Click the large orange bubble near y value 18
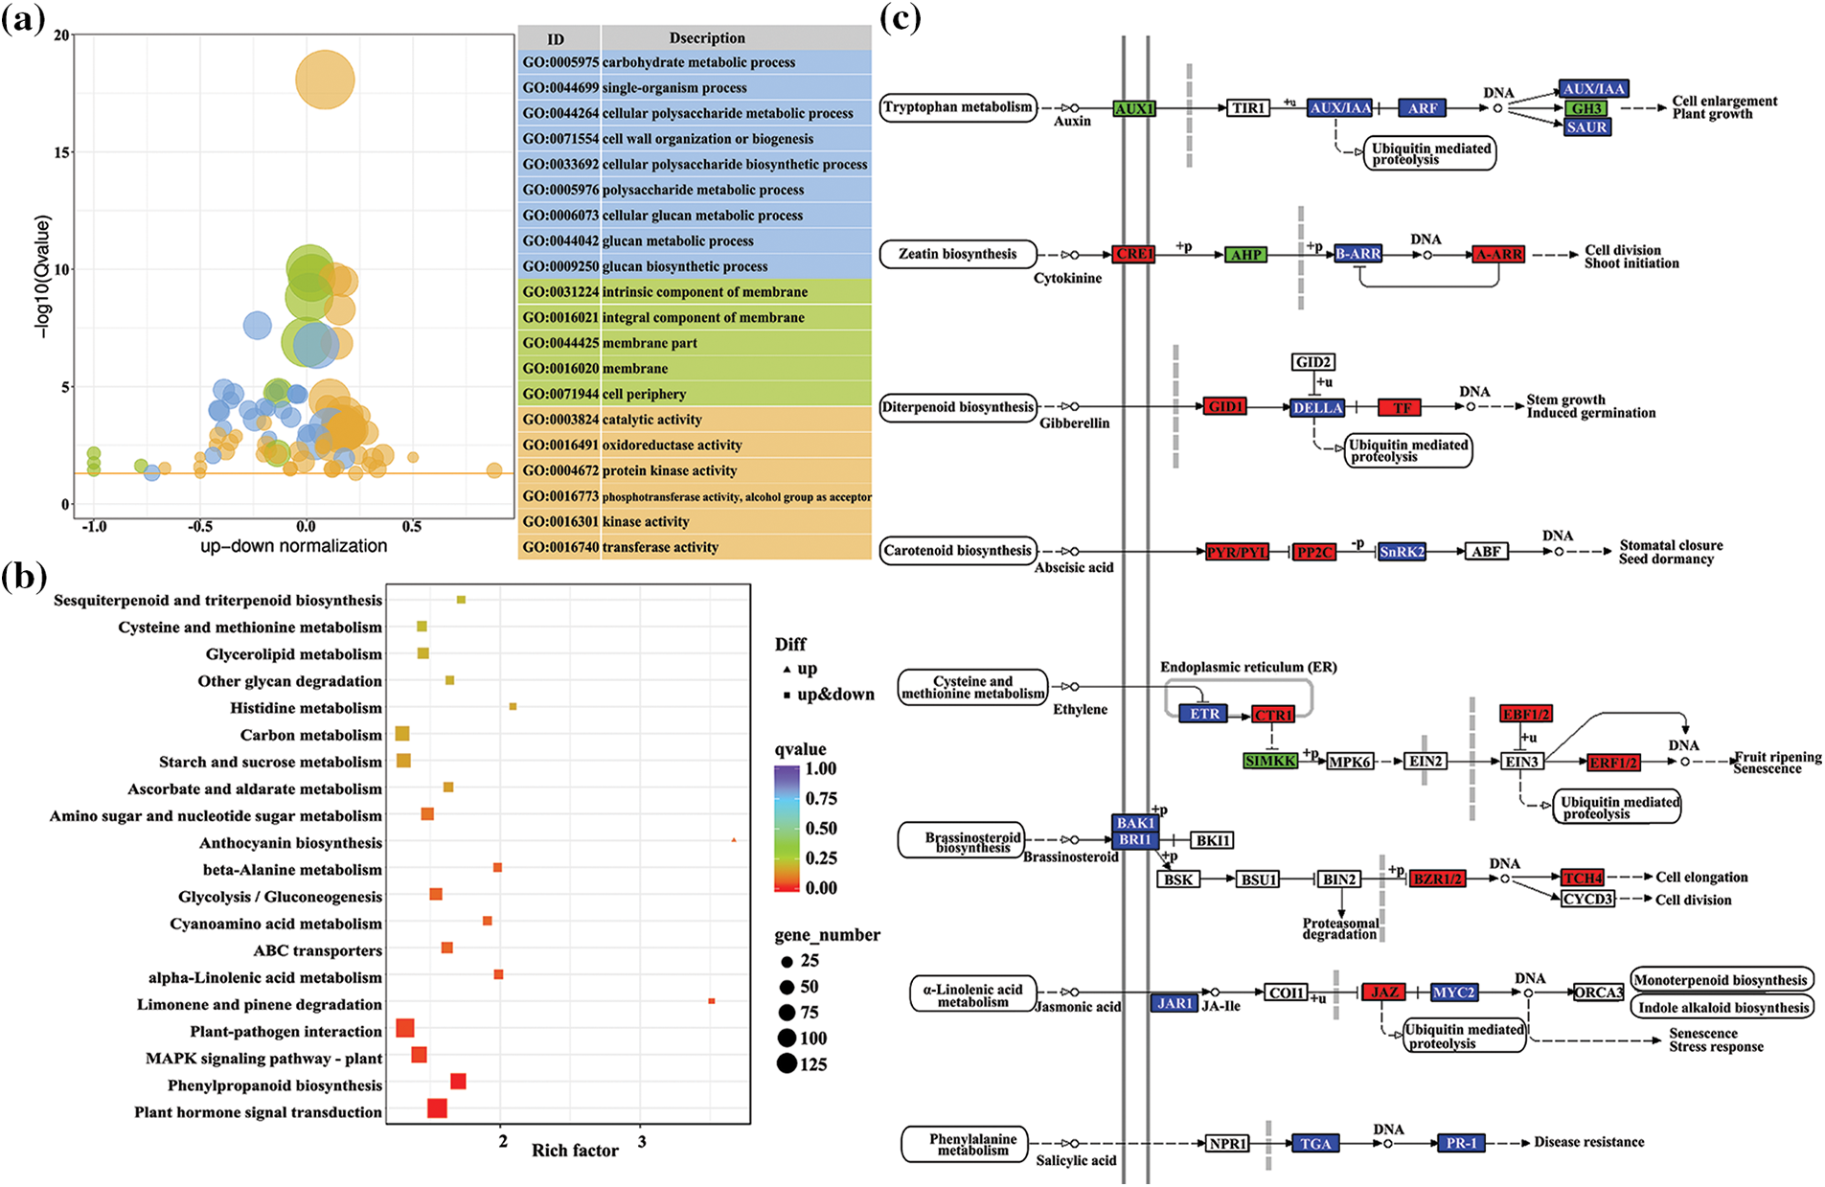(x=325, y=80)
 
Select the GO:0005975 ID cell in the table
(x=559, y=62)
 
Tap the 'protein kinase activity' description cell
(x=670, y=470)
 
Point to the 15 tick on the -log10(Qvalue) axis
(x=62, y=152)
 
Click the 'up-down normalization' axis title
(x=293, y=546)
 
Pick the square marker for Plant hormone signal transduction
(x=437, y=1108)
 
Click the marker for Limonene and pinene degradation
(x=711, y=1001)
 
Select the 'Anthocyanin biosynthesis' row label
(x=290, y=843)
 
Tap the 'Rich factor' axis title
(x=575, y=1151)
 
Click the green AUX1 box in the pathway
(x=1133, y=109)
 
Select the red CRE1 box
(x=1133, y=255)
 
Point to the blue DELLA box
(x=1317, y=408)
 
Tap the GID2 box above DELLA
(x=1312, y=362)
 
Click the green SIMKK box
(x=1270, y=761)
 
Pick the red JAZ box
(x=1384, y=993)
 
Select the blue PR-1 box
(x=1461, y=1143)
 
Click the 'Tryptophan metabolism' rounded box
(x=958, y=107)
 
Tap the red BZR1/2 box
(x=1437, y=879)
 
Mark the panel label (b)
(x=24, y=578)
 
